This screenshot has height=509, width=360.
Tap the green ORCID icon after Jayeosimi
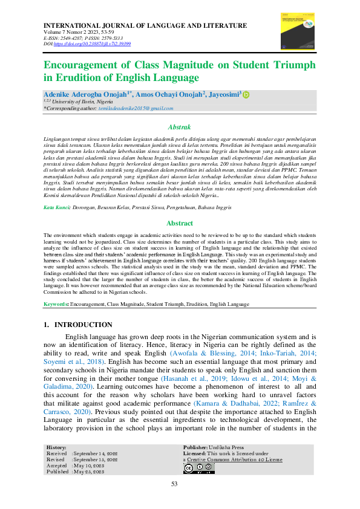point(246,95)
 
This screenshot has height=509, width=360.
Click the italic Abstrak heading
point(180,128)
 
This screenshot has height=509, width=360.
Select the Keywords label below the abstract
point(56,303)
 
